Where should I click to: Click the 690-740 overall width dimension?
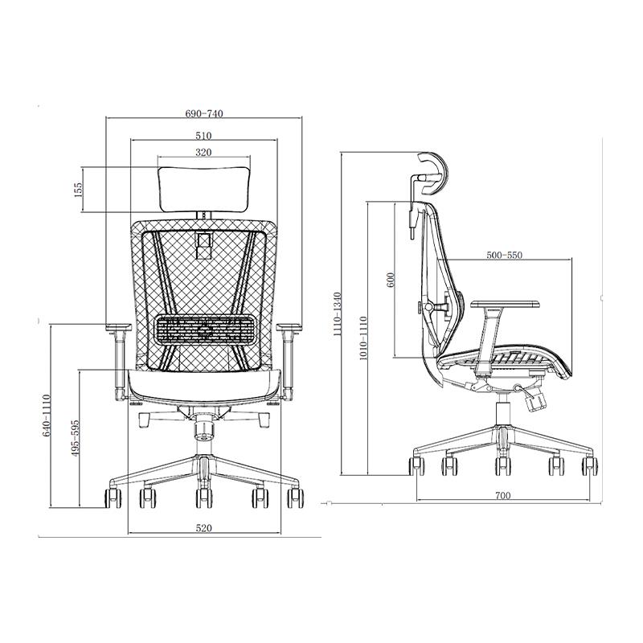[204, 113]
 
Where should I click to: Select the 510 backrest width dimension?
[204, 135]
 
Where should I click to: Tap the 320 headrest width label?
[203, 153]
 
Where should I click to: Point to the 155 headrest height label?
[78, 190]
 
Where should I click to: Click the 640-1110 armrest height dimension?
[46, 415]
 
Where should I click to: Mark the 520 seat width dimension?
[204, 528]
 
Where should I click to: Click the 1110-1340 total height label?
[337, 313]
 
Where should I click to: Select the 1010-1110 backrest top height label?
[363, 338]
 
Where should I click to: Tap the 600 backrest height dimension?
[390, 279]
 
